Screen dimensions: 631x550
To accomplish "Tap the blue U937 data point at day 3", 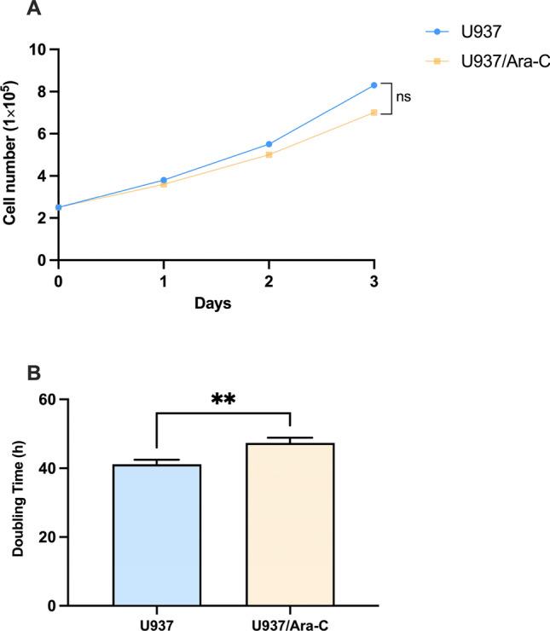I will point(373,85).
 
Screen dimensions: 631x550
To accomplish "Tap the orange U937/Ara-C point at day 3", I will point(373,113).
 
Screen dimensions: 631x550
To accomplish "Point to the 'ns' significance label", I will point(403,97).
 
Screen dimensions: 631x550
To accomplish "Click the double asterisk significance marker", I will point(223,398).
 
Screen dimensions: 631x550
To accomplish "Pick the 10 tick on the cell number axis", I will point(37,49).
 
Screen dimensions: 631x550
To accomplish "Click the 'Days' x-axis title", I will point(215,303).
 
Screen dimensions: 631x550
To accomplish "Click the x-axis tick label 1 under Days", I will point(163,281).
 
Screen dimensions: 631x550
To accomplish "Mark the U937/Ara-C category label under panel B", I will point(291,622).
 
